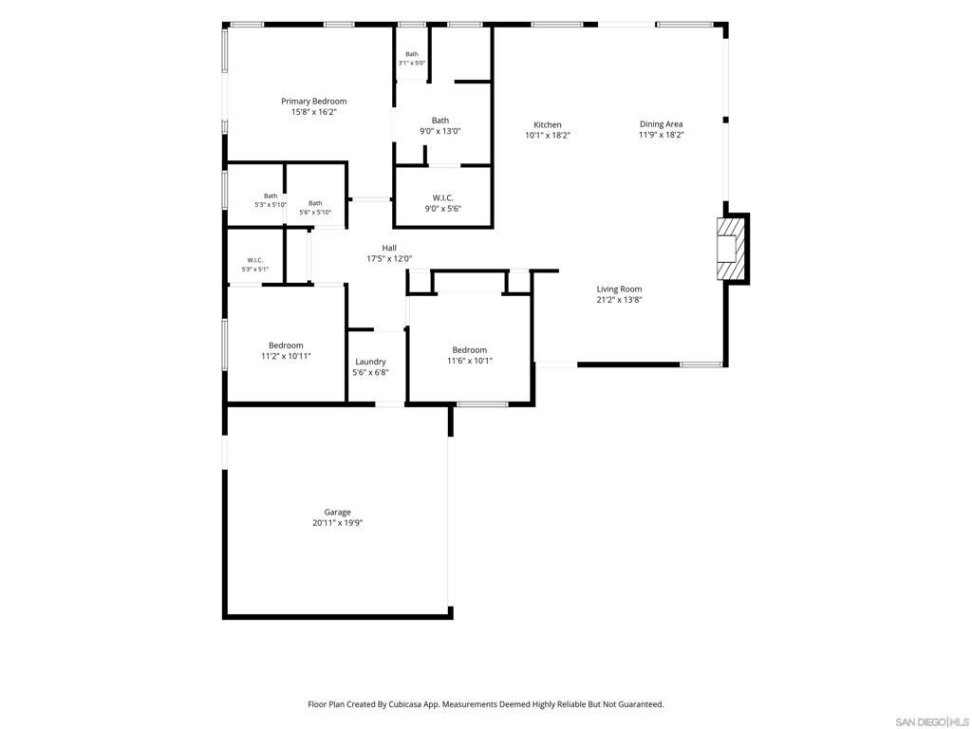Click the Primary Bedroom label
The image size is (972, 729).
313,101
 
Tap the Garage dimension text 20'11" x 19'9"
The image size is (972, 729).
337,523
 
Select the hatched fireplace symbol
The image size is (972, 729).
728,249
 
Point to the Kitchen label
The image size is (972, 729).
548,124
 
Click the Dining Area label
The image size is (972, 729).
661,124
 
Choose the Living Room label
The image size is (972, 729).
619,289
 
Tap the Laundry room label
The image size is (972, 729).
370,362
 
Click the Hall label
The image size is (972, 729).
389,248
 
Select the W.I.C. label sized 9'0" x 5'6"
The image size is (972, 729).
442,197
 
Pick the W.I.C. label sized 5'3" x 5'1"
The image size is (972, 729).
254,260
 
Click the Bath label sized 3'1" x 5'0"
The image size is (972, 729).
412,54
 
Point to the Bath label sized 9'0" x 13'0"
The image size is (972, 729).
440,121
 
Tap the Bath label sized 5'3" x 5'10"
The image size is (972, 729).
271,196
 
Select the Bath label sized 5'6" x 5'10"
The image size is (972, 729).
315,203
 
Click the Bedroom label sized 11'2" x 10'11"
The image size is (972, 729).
286,346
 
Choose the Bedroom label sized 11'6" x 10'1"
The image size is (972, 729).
469,349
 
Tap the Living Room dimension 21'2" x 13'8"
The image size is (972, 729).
619,300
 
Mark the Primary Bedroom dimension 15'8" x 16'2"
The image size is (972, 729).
313,112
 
